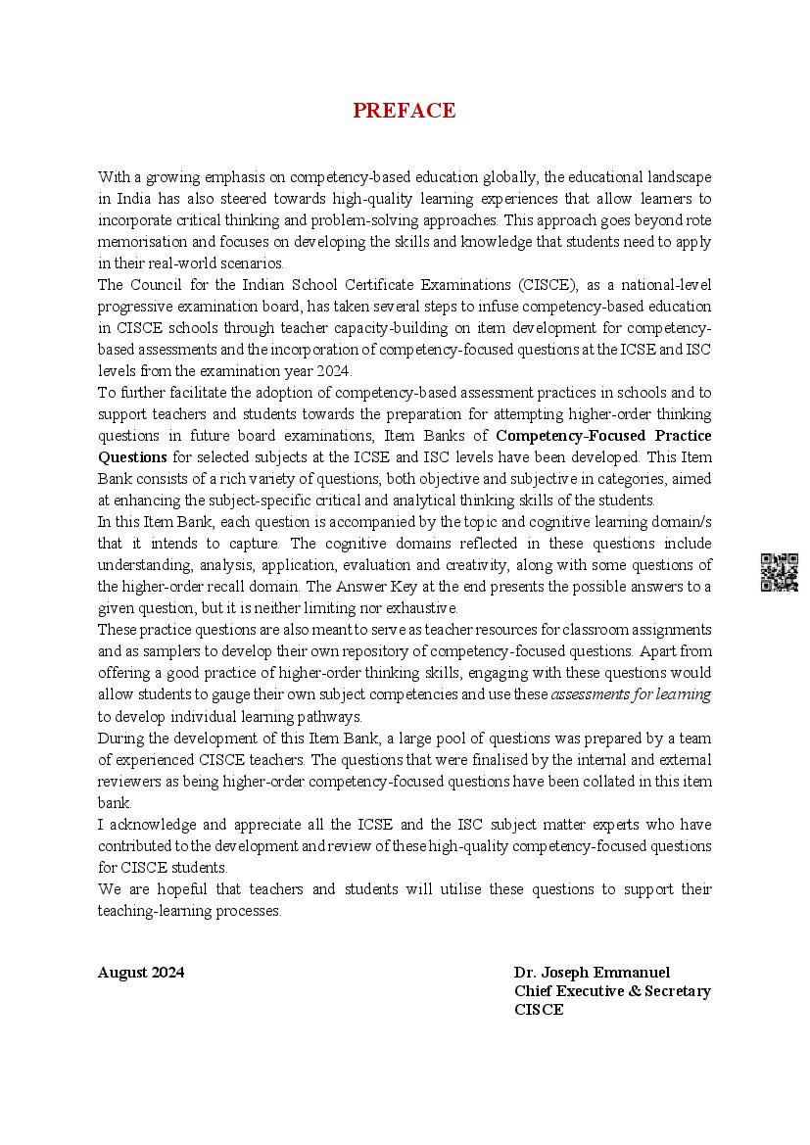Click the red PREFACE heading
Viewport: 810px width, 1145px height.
[x=405, y=111]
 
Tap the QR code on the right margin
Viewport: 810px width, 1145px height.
[x=779, y=572]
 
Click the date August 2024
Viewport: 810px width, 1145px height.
[x=141, y=973]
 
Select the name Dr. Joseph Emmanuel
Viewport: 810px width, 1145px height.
[x=592, y=973]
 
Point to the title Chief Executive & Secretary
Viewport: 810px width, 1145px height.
[x=612, y=991]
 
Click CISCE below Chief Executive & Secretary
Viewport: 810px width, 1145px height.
[x=539, y=1010]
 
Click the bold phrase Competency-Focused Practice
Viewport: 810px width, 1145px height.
[x=603, y=436]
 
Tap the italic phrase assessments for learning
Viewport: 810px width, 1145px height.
[x=631, y=694]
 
